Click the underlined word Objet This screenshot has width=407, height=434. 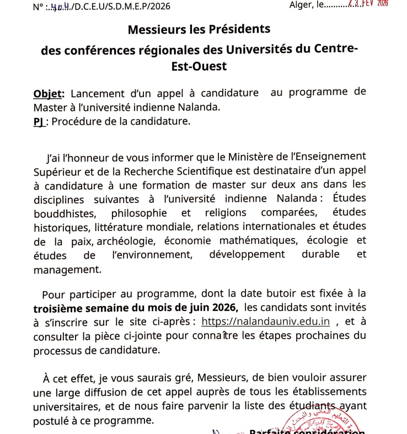49,93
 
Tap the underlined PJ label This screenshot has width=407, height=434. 38,122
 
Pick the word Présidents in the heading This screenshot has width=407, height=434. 235,29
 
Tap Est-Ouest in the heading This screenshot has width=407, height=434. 199,66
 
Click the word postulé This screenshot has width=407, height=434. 53,420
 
